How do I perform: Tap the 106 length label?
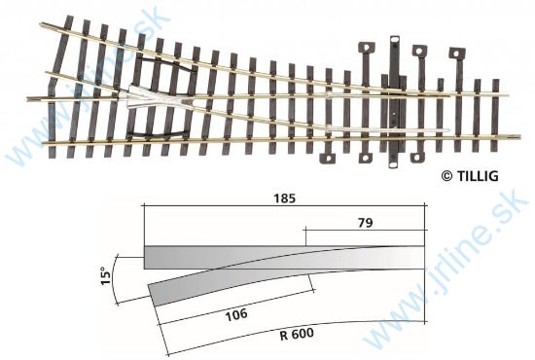236,314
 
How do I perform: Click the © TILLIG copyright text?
474,175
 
